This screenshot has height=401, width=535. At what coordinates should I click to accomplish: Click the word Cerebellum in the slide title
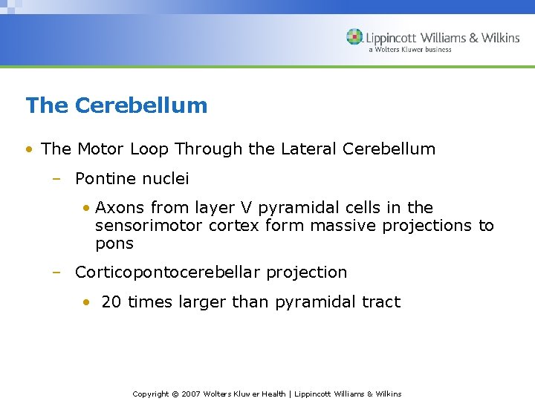[141, 105]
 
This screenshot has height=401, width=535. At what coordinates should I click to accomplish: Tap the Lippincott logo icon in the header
[355, 37]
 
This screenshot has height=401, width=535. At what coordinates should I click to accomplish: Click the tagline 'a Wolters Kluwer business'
[409, 50]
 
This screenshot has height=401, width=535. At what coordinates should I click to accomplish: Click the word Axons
[120, 208]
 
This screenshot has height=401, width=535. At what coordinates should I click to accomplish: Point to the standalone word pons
[114, 244]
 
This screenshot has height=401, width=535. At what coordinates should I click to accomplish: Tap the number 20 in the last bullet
[111, 302]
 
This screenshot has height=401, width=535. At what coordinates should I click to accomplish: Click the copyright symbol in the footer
[175, 394]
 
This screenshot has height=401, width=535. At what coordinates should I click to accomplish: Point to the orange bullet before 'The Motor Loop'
[29, 149]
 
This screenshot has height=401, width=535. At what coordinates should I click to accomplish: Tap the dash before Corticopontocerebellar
[56, 273]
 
